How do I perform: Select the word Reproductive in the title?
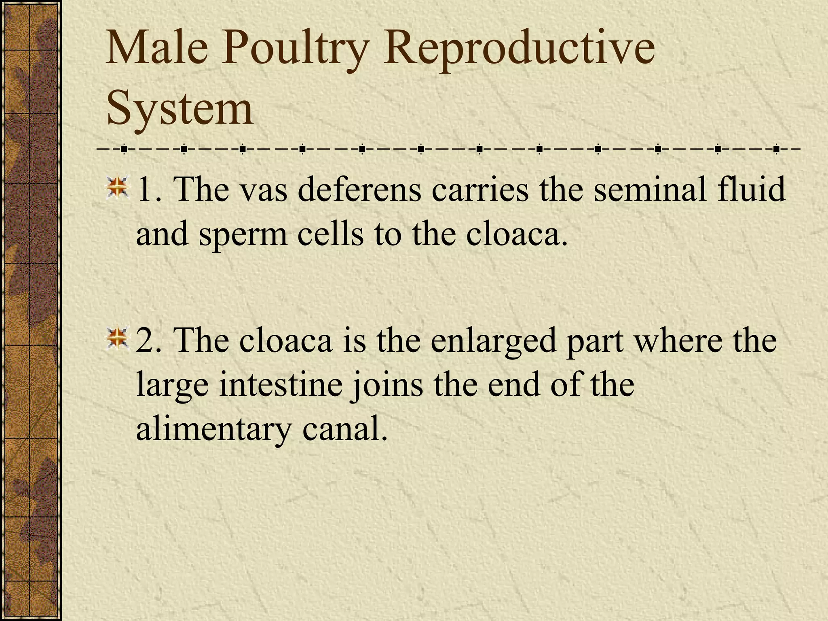click(x=519, y=51)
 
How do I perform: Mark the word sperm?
click(x=243, y=235)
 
